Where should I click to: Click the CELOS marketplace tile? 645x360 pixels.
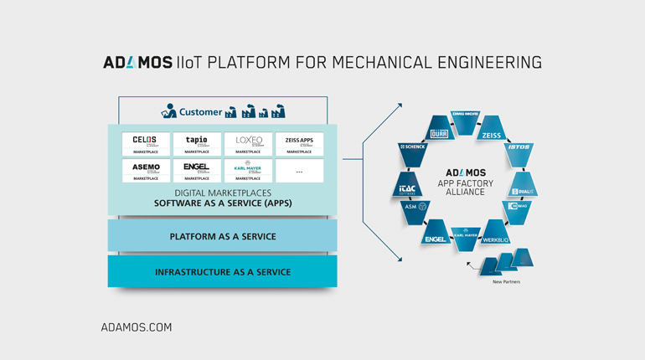pyautogui.click(x=146, y=144)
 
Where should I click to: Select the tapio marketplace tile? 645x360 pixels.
pyautogui.click(x=197, y=144)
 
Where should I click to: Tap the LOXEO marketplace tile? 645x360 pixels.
pyautogui.click(x=248, y=144)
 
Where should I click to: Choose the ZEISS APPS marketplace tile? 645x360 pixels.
pyautogui.click(x=299, y=144)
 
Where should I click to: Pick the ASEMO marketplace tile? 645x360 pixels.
pyautogui.click(x=146, y=170)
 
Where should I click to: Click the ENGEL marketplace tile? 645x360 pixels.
pyautogui.click(x=197, y=170)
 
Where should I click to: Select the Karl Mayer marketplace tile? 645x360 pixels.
pyautogui.click(x=248, y=170)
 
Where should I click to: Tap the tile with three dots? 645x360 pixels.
pyautogui.click(x=299, y=170)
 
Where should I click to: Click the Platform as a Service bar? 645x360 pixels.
pyautogui.click(x=222, y=236)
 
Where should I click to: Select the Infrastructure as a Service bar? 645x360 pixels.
pyautogui.click(x=222, y=272)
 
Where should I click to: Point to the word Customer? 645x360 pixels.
pyautogui.click(x=200, y=111)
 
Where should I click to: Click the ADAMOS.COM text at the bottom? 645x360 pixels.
pyautogui.click(x=136, y=327)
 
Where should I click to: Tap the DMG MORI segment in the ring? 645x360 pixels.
pyautogui.click(x=465, y=116)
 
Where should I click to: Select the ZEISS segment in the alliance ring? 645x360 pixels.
pyautogui.click(x=492, y=133)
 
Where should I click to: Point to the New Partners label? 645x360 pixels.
pyautogui.click(x=506, y=282)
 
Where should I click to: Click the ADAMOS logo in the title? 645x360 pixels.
pyautogui.click(x=137, y=63)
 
